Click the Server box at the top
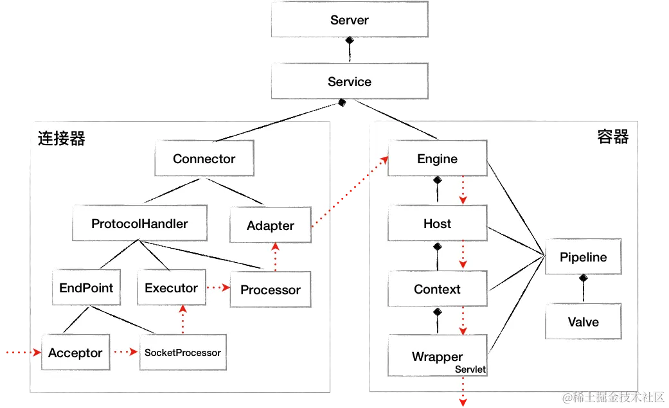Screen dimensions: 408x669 pyautogui.click(x=349, y=21)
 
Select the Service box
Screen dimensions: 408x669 pyautogui.click(x=349, y=82)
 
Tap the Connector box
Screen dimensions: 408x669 pyautogui.click(x=204, y=159)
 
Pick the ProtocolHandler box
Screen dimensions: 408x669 pyautogui.click(x=139, y=224)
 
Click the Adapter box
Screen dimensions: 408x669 pyautogui.click(x=270, y=226)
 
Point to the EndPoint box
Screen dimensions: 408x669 pyautogui.click(x=86, y=288)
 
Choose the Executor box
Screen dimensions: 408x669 pyautogui.click(x=171, y=288)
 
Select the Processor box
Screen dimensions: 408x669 pyautogui.click(x=270, y=290)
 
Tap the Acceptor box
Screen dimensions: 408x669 pyautogui.click(x=75, y=353)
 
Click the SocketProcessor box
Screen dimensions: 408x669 pyautogui.click(x=183, y=353)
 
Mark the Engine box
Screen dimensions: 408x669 pyautogui.click(x=437, y=159)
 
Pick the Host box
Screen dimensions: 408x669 pyautogui.click(x=437, y=224)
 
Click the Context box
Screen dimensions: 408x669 pyautogui.click(x=437, y=289)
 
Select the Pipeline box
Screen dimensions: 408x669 pyautogui.click(x=583, y=257)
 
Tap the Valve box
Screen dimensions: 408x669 pyautogui.click(x=583, y=322)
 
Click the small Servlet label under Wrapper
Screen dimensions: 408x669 pyautogui.click(x=470, y=369)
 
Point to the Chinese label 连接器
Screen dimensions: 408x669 pyautogui.click(x=62, y=139)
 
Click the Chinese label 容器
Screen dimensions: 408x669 pyautogui.click(x=612, y=137)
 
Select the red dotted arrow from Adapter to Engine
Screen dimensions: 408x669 pyautogui.click(x=349, y=191)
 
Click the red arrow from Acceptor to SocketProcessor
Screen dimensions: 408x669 pyautogui.click(x=125, y=353)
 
